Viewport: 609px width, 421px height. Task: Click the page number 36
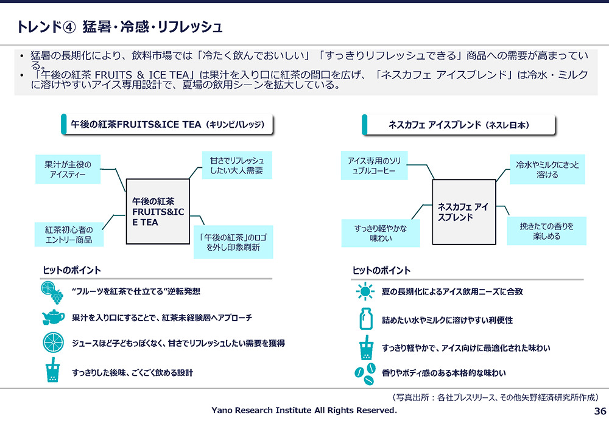click(600, 411)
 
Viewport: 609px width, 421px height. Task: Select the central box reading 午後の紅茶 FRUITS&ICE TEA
click(158, 212)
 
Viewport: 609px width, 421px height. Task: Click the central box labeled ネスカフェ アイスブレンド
click(464, 212)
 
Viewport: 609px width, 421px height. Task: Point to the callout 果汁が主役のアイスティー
click(68, 169)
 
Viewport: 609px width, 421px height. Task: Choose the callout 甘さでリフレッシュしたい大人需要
click(237, 165)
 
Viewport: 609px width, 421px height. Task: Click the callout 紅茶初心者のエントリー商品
click(69, 234)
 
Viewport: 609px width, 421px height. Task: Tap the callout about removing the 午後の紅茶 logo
click(233, 242)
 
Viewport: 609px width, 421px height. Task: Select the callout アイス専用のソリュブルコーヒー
click(374, 165)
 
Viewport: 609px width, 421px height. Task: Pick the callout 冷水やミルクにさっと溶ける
click(547, 169)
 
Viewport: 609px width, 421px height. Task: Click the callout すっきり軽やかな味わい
click(380, 233)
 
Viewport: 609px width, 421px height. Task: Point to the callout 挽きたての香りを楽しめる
click(546, 231)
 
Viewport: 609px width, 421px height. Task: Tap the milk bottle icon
click(366, 319)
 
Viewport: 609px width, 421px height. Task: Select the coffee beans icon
click(365, 374)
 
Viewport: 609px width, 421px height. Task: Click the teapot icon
click(53, 316)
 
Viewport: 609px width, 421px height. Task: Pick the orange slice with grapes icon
click(52, 293)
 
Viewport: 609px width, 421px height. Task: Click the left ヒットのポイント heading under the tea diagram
click(71, 270)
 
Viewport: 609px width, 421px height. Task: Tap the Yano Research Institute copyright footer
click(304, 410)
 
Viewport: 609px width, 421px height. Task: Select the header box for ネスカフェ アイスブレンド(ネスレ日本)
click(459, 125)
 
